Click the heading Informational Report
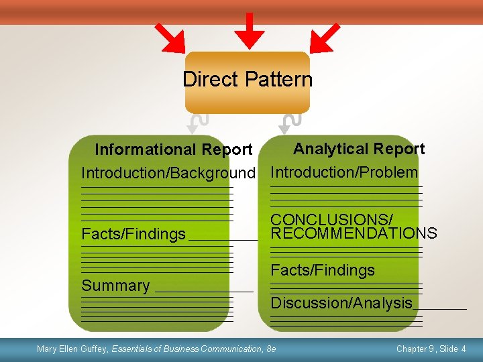pyautogui.click(x=173, y=149)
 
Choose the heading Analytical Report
pyautogui.click(x=359, y=149)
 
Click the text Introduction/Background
pyautogui.click(x=168, y=174)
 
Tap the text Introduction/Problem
pyautogui.click(x=344, y=172)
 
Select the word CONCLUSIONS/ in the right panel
pyautogui.click(x=331, y=220)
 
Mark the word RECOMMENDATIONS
pyautogui.click(x=354, y=233)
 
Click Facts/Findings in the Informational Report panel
pyautogui.click(x=133, y=234)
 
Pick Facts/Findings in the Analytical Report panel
pyautogui.click(x=323, y=270)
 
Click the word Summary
pyautogui.click(x=115, y=286)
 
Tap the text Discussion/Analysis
pyautogui.click(x=341, y=303)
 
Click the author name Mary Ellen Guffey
pyautogui.click(x=72, y=349)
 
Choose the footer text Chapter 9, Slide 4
pyautogui.click(x=431, y=349)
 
